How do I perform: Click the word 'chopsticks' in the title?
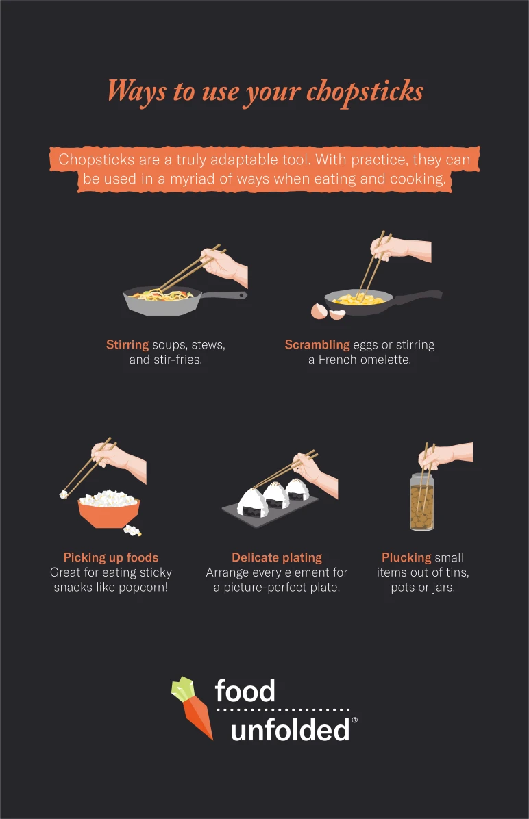[365, 91]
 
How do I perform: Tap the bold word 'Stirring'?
[127, 344]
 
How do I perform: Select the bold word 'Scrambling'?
[317, 344]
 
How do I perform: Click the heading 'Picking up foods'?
[111, 557]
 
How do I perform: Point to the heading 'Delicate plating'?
[277, 557]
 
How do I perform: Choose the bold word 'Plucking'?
[406, 557]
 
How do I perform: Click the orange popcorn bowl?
[109, 513]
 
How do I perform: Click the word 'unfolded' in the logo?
[290, 730]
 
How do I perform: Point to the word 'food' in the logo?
[245, 692]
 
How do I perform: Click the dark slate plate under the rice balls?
[271, 510]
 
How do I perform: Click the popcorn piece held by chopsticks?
[64, 493]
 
